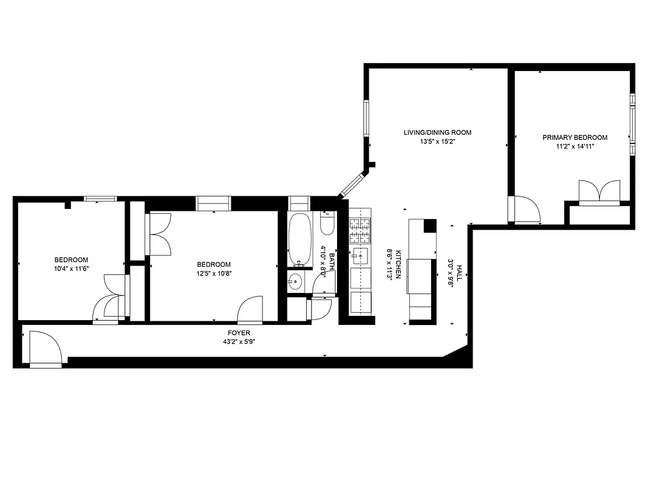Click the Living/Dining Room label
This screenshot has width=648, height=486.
pos(437,132)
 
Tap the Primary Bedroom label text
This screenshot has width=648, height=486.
pos(575,138)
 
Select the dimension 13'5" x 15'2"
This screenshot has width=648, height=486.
pos(437,142)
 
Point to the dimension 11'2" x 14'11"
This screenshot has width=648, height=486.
pos(575,146)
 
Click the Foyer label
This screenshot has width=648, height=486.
pos(239,333)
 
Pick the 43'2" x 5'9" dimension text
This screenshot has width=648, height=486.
pos(239,341)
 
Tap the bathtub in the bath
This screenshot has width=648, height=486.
pos(300,239)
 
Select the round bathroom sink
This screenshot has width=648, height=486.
pos(296,282)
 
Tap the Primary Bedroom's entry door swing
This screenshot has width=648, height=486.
pos(526,210)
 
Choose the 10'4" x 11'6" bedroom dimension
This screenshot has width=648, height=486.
pos(71,269)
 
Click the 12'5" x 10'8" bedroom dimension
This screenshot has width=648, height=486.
pos(214,273)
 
